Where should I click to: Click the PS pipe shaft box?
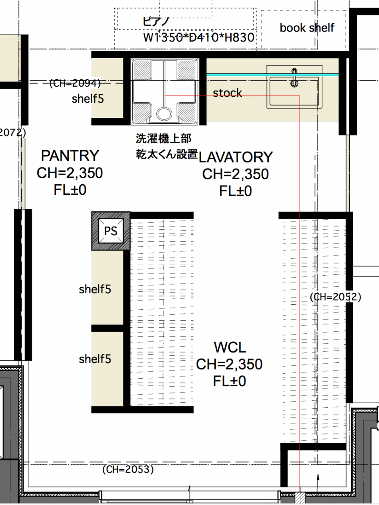click(111, 231)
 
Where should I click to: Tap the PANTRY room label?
click(70, 156)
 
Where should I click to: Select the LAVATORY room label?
click(235, 157)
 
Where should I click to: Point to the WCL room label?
click(230, 347)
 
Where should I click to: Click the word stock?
click(227, 93)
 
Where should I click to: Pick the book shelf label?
click(307, 28)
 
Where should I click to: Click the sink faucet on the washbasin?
click(294, 78)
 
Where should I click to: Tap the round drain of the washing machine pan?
click(164, 114)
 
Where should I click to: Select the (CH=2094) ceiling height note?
click(75, 83)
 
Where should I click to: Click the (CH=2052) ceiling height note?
click(336, 297)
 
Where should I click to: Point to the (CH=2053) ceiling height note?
click(128, 469)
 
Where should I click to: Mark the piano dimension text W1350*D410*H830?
click(199, 37)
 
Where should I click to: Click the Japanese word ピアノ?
click(156, 21)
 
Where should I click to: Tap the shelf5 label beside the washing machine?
click(88, 99)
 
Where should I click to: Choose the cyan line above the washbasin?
click(272, 75)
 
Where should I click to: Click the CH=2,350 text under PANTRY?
click(70, 173)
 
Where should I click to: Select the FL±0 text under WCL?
click(230, 381)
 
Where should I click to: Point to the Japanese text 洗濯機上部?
click(163, 138)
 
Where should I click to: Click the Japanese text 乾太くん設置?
click(167, 154)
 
